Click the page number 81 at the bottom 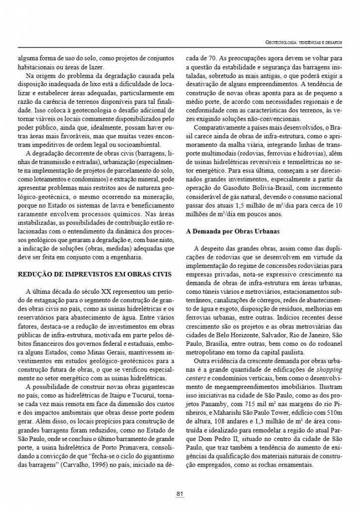(180, 494)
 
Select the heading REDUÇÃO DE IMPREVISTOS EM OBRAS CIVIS (94, 274)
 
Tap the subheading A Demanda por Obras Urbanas (233, 231)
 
